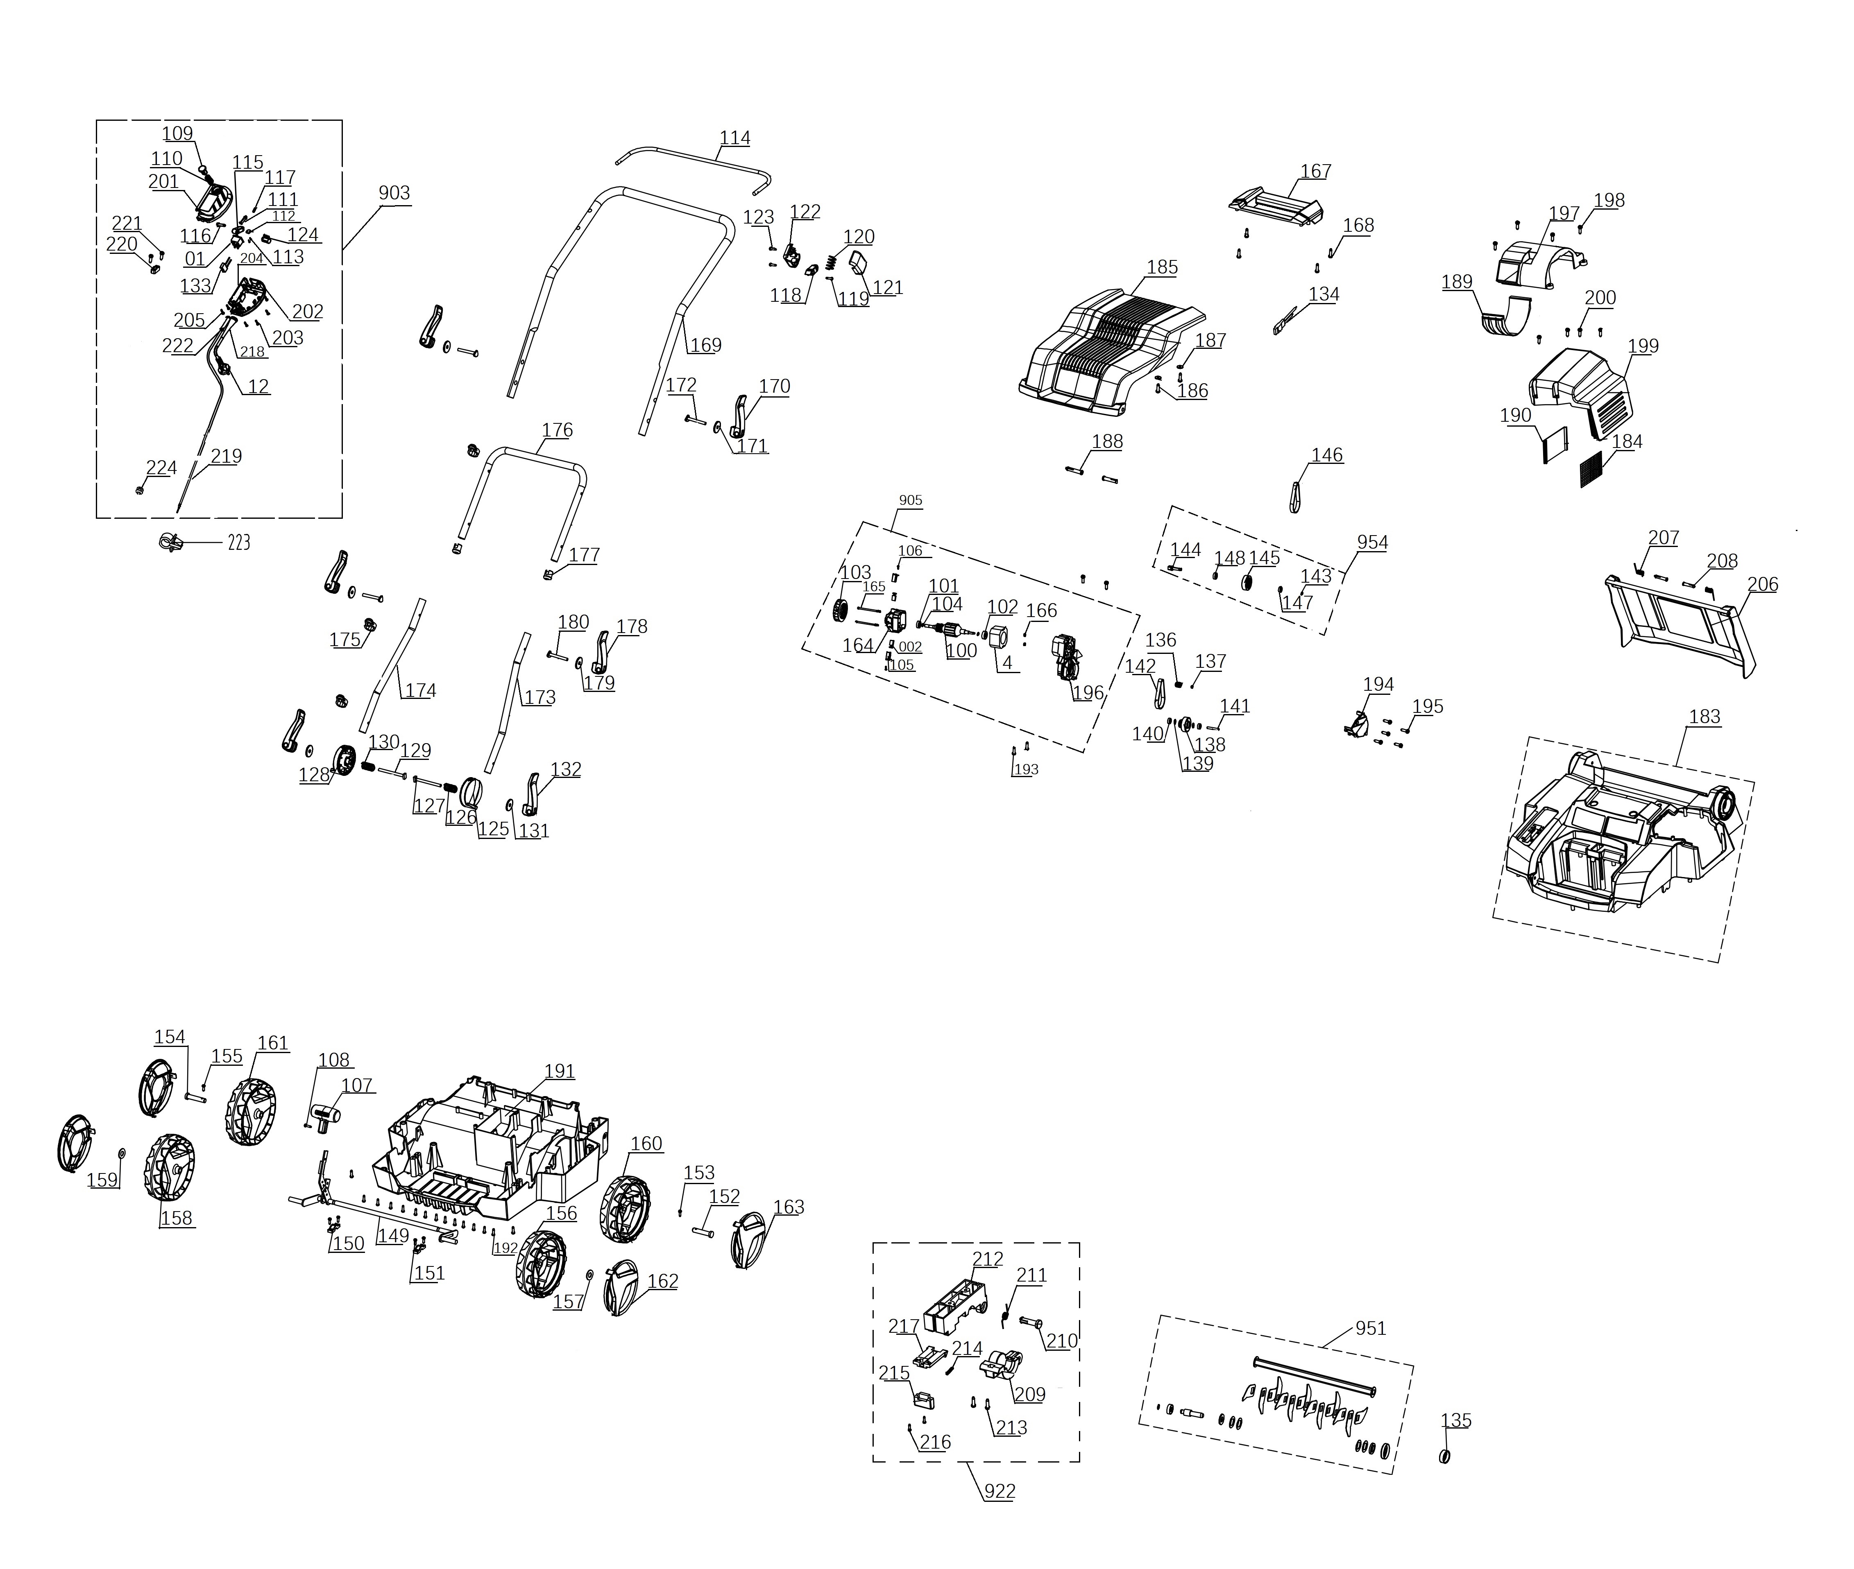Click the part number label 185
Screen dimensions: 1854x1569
point(1162,267)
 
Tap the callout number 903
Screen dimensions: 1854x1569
point(394,193)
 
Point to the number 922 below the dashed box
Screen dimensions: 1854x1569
point(999,1492)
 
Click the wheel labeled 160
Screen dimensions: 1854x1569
point(626,1210)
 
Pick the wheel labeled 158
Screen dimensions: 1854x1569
point(171,1166)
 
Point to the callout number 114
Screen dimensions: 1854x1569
point(735,138)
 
